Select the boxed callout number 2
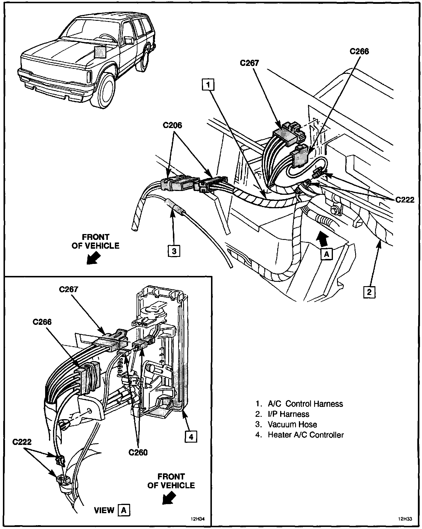click(369, 291)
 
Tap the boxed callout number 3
click(174, 251)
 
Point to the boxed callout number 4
click(191, 437)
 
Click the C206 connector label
click(172, 125)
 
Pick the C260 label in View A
click(138, 452)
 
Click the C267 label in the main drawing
click(249, 63)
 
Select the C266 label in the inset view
click(42, 322)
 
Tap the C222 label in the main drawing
click(405, 200)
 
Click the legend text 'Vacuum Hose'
click(292, 424)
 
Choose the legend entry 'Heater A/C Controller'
click(305, 435)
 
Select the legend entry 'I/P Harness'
click(288, 414)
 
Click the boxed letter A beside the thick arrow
click(326, 254)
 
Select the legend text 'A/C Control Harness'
click(305, 404)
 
